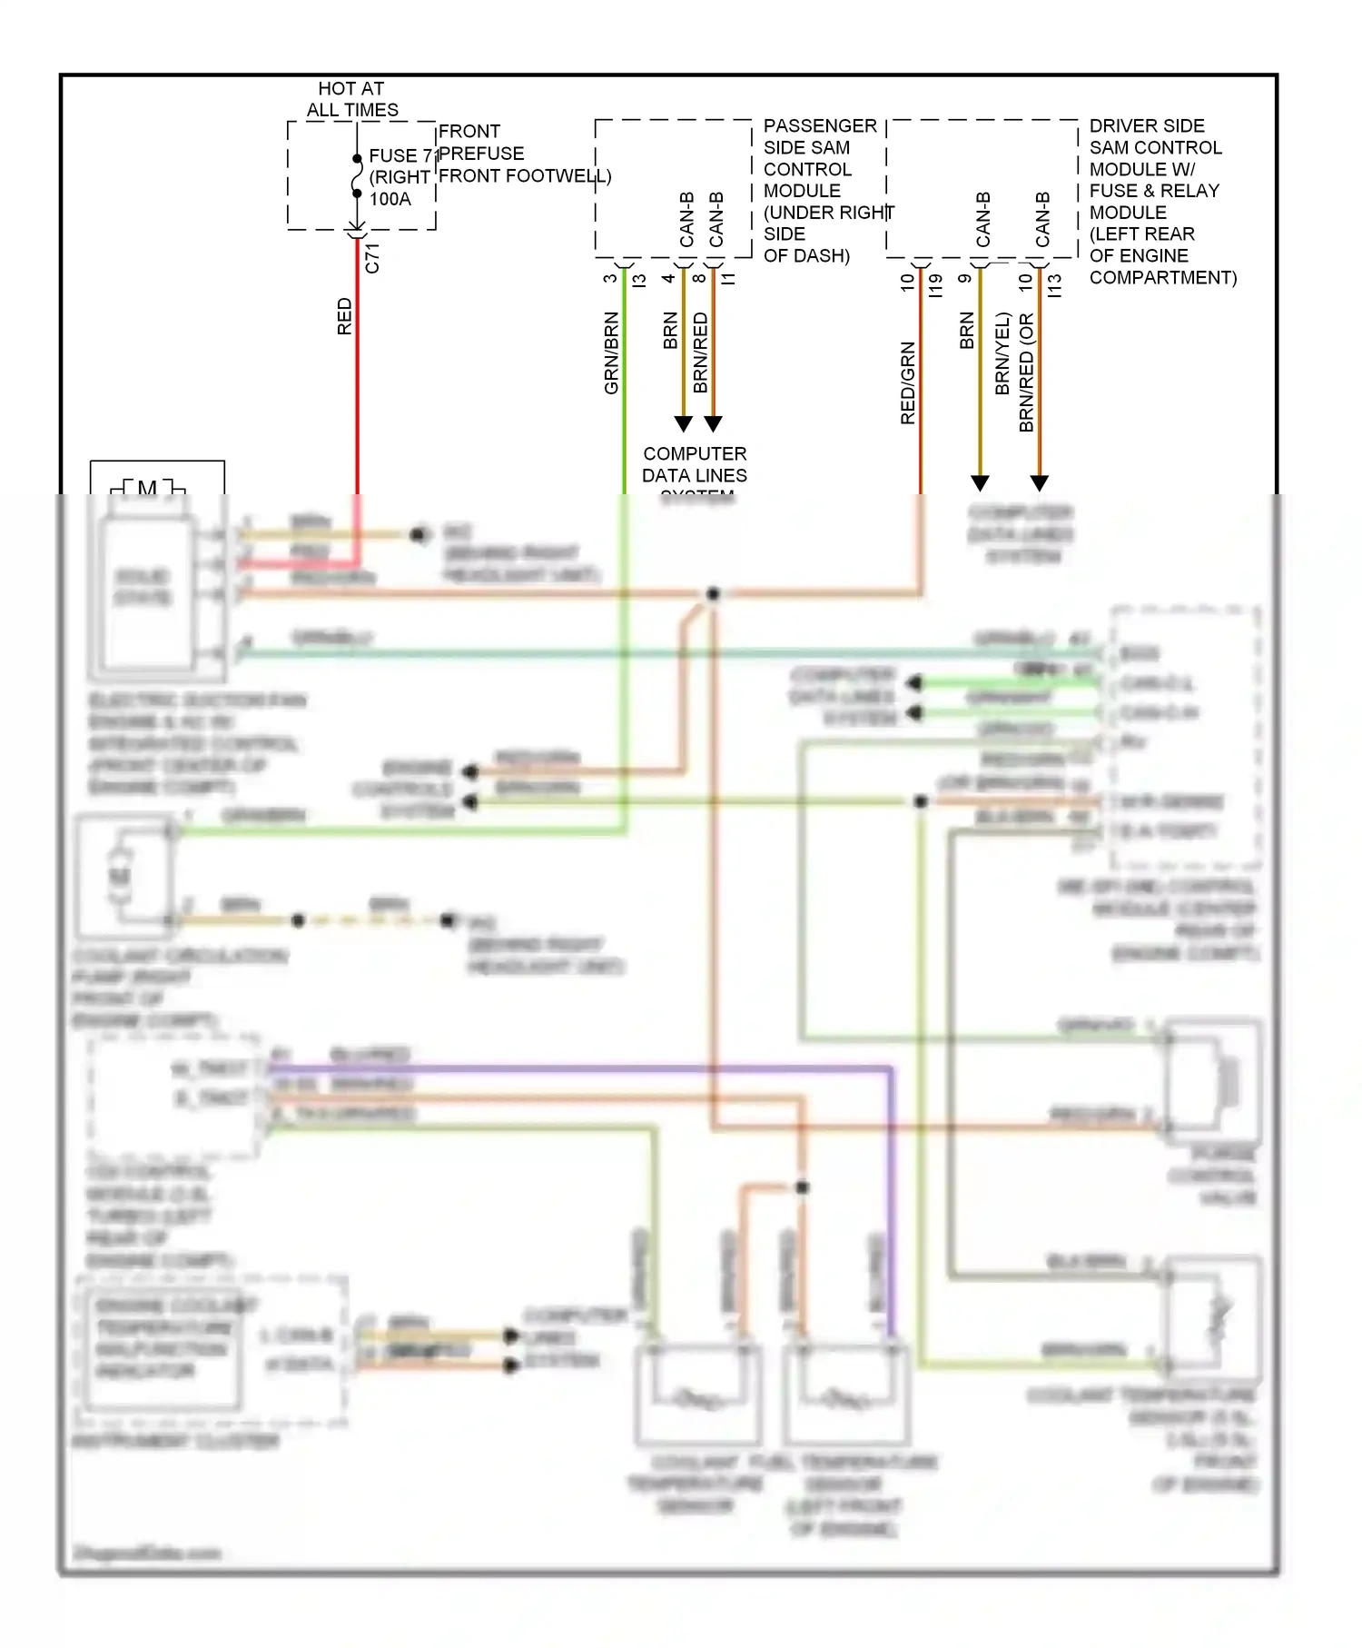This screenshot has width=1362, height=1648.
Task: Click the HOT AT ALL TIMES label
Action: pyautogui.click(x=351, y=99)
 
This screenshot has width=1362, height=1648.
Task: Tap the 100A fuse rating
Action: pyautogui.click(x=390, y=199)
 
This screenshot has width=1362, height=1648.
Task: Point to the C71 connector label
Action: pyautogui.click(x=372, y=258)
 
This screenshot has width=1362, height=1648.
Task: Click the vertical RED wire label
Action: pyautogui.click(x=344, y=316)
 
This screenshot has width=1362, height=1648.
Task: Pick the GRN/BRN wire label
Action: pyautogui.click(x=611, y=352)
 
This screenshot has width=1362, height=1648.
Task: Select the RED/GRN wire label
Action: pyautogui.click(x=907, y=382)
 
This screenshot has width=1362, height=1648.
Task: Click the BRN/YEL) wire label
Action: pyautogui.click(x=1002, y=353)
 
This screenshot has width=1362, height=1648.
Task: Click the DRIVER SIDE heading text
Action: pyautogui.click(x=1147, y=125)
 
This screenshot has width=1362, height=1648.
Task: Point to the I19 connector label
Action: pyautogui.click(x=936, y=285)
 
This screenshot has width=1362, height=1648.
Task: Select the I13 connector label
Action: pyautogui.click(x=1054, y=285)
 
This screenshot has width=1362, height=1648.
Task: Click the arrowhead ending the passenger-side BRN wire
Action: pyautogui.click(x=684, y=423)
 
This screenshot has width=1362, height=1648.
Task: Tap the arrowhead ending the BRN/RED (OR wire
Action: pyautogui.click(x=1040, y=482)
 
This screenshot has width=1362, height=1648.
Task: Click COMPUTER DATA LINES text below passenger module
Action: pyautogui.click(x=695, y=464)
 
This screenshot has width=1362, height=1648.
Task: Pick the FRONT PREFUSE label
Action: pyautogui.click(x=481, y=143)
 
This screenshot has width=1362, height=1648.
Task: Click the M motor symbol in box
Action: pyautogui.click(x=147, y=489)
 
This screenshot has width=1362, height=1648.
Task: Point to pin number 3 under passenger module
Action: pyautogui.click(x=610, y=279)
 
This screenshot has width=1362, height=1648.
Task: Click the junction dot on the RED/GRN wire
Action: pyautogui.click(x=713, y=594)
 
